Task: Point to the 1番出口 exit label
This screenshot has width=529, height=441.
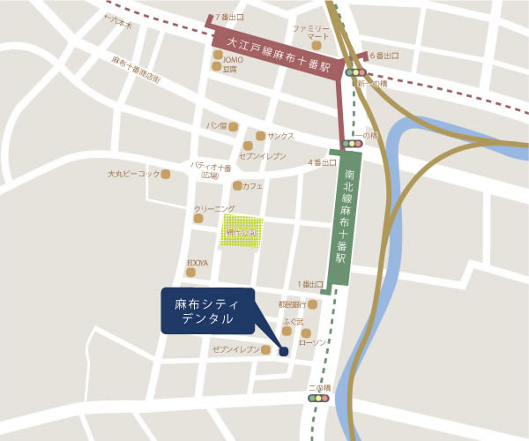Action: [x=312, y=284]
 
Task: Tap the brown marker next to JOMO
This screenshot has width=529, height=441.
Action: [x=217, y=54]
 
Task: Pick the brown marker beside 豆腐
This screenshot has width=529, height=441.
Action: [x=217, y=66]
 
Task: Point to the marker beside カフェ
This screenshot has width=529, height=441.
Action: [x=237, y=186]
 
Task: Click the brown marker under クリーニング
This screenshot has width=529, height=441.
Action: [x=198, y=218]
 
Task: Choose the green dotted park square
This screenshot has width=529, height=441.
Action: [x=242, y=232]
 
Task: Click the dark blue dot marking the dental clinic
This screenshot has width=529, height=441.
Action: [x=284, y=352]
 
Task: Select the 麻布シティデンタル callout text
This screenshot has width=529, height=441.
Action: [x=205, y=310]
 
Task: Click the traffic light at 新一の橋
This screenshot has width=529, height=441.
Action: [x=355, y=72]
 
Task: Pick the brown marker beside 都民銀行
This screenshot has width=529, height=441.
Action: [x=313, y=305]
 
